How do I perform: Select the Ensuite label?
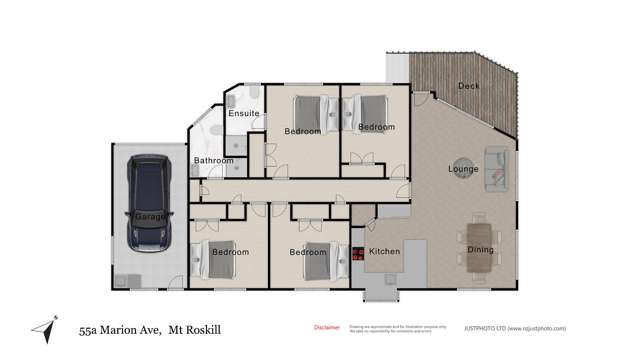244,113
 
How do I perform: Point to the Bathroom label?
213,161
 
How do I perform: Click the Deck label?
468,86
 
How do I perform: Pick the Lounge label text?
463,169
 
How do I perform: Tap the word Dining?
480,222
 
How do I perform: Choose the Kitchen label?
385,252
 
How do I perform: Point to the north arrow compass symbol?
43,328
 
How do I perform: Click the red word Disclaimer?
327,327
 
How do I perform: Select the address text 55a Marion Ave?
119,327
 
